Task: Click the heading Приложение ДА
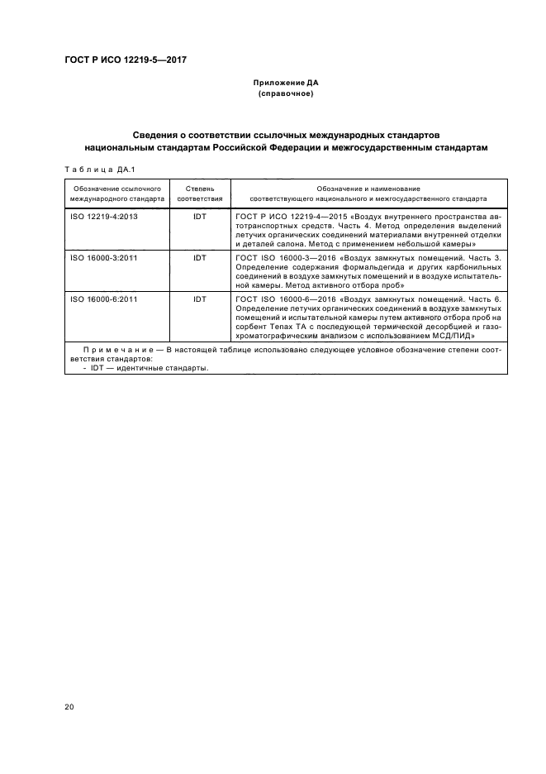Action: click(285, 84)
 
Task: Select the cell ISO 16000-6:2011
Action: click(102, 299)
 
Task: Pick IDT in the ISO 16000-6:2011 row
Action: click(199, 299)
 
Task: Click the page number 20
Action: click(69, 706)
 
